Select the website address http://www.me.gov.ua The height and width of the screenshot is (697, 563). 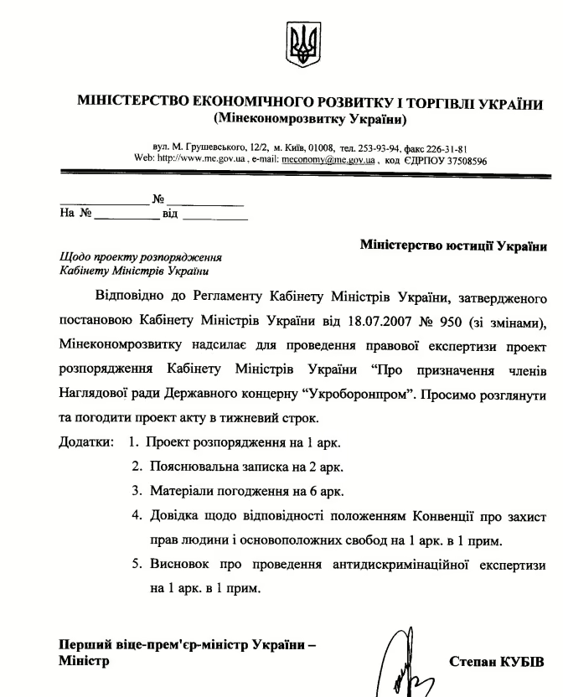(x=199, y=157)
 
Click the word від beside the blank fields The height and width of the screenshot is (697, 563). (x=170, y=214)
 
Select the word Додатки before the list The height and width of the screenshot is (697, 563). (x=85, y=441)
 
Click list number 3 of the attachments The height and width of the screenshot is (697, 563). (x=137, y=490)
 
